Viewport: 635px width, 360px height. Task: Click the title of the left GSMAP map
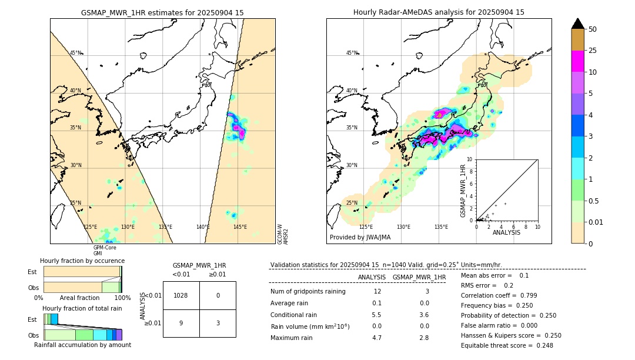[162, 12]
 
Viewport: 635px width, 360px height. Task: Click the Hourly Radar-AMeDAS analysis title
[439, 12]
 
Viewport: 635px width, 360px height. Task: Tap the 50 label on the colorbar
[593, 29]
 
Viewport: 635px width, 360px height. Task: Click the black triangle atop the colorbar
[578, 23]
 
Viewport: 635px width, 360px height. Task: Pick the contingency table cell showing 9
[181, 322]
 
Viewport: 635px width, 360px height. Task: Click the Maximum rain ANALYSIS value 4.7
[377, 338]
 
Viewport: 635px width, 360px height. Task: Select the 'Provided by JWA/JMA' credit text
[360, 237]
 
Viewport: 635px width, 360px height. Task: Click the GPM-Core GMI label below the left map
[105, 251]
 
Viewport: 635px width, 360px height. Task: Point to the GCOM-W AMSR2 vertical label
[283, 234]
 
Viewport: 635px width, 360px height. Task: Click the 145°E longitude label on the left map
[240, 227]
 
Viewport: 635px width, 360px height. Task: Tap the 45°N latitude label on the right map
[352, 53]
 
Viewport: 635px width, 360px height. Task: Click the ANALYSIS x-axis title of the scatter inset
[506, 232]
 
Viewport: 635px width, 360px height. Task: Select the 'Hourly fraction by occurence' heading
[82, 261]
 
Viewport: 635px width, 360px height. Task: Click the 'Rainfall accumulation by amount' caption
[82, 345]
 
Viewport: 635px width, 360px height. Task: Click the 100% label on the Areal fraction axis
[122, 298]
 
